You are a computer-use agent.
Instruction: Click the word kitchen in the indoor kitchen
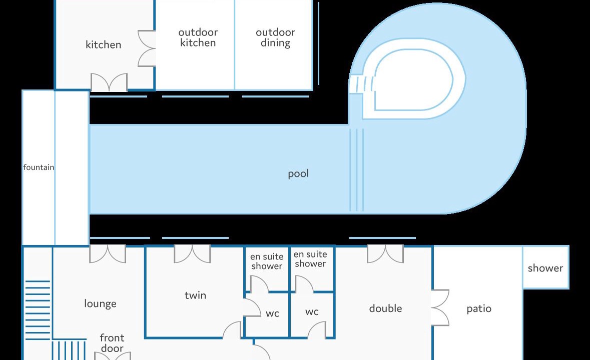[x=103, y=44]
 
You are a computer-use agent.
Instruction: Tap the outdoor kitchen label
[x=198, y=37]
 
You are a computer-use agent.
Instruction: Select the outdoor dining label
[x=275, y=37]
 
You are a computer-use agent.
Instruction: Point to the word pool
[x=298, y=173]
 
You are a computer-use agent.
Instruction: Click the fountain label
[x=39, y=167]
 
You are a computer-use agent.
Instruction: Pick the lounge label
[x=100, y=303]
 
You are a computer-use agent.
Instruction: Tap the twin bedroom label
[x=195, y=295]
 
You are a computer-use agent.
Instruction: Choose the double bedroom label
[x=386, y=308]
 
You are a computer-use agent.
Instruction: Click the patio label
[x=479, y=309]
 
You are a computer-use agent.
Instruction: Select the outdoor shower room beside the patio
[x=545, y=267]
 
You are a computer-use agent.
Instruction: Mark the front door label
[x=112, y=343]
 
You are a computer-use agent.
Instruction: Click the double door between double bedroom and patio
[x=440, y=307]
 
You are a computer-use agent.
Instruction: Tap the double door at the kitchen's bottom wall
[x=109, y=82]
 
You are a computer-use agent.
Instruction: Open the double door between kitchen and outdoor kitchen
[x=147, y=48]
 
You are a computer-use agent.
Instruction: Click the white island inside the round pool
[x=413, y=79]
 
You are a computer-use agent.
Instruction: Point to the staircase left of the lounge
[x=38, y=310]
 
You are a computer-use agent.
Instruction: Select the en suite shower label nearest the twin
[x=267, y=261]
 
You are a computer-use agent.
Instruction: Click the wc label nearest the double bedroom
[x=312, y=311]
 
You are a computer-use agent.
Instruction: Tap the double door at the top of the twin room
[x=192, y=254]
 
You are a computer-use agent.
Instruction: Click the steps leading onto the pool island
[x=362, y=84]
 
